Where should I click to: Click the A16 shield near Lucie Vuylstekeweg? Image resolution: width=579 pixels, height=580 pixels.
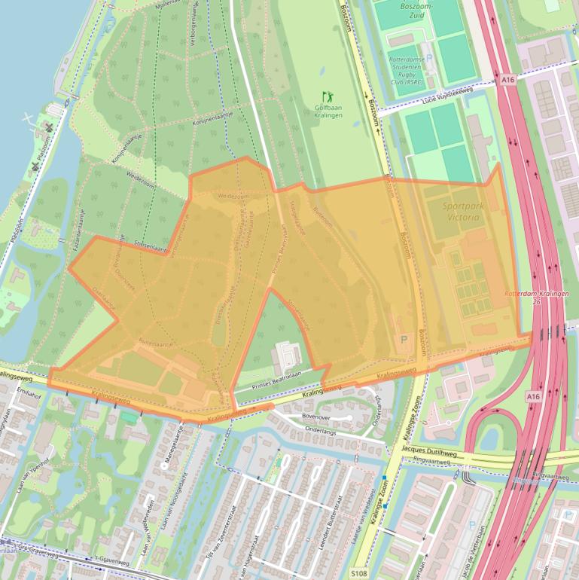pos(506,78)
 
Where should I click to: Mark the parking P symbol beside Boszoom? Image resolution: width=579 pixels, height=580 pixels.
pos(404,340)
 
